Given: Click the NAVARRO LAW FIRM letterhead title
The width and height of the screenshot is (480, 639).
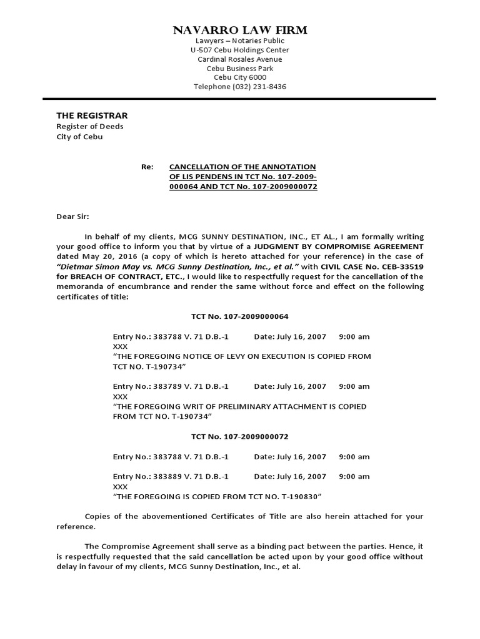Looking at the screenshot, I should pyautogui.click(x=240, y=31).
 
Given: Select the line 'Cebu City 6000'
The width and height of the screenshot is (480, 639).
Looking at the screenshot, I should pyautogui.click(x=240, y=77).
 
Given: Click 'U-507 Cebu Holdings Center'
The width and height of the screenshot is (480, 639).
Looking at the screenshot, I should pyautogui.click(x=240, y=50).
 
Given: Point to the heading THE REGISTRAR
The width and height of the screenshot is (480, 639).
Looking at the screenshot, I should pyautogui.click(x=92, y=115).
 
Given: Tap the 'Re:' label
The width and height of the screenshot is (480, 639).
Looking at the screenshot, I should pyautogui.click(x=147, y=167).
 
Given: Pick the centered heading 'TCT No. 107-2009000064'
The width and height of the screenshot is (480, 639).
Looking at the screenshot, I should pyautogui.click(x=240, y=316).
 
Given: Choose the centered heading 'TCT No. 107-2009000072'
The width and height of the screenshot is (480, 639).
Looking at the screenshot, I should pyautogui.click(x=240, y=437).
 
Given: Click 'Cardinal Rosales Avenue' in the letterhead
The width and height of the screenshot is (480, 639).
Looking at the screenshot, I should pyautogui.click(x=240, y=59).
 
